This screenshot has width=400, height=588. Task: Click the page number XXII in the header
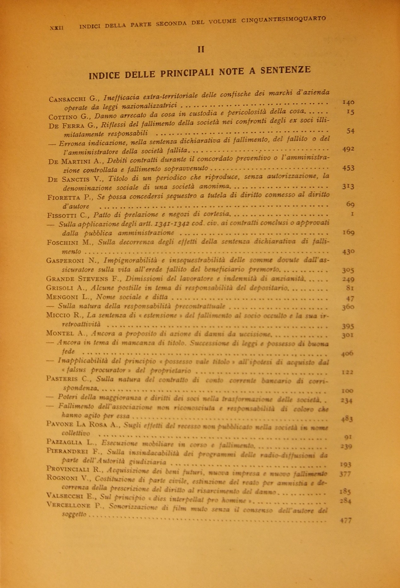coord(57,28)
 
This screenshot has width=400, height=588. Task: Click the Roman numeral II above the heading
coord(201,49)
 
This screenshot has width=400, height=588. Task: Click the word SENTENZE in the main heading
coord(286,70)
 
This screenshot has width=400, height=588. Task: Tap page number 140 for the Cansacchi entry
coord(348,102)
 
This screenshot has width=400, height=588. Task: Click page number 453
coord(348,168)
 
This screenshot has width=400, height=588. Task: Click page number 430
coord(348,252)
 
